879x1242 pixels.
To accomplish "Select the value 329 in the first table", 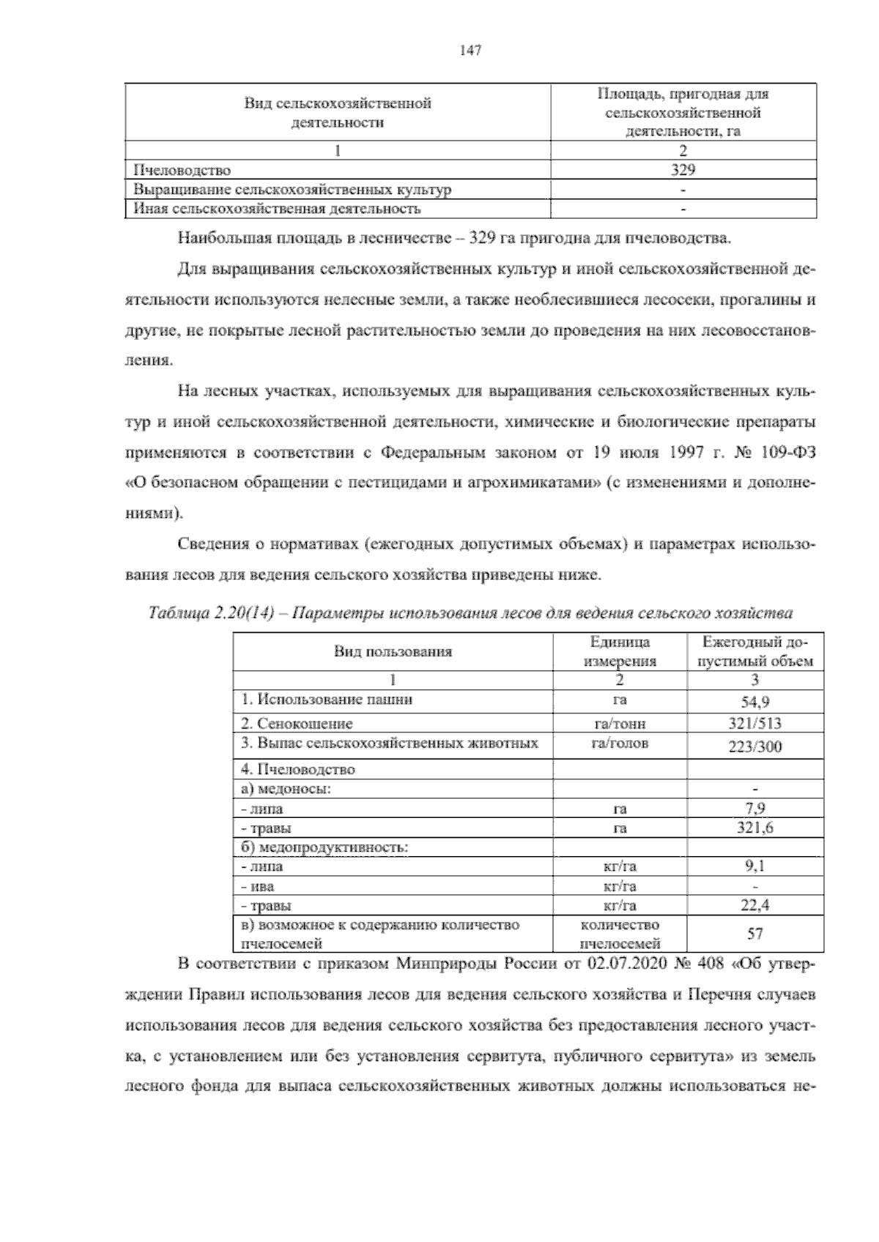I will pos(683,170).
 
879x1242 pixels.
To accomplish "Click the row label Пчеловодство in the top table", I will pos(182,171).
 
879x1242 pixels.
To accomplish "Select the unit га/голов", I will pos(619,743).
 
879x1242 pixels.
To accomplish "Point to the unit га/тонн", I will pos(619,724).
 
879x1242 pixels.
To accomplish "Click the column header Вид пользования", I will pos(393,651).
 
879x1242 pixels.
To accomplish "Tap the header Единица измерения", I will pos(619,651).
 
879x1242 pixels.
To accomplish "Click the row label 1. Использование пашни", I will pos(327,699).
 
